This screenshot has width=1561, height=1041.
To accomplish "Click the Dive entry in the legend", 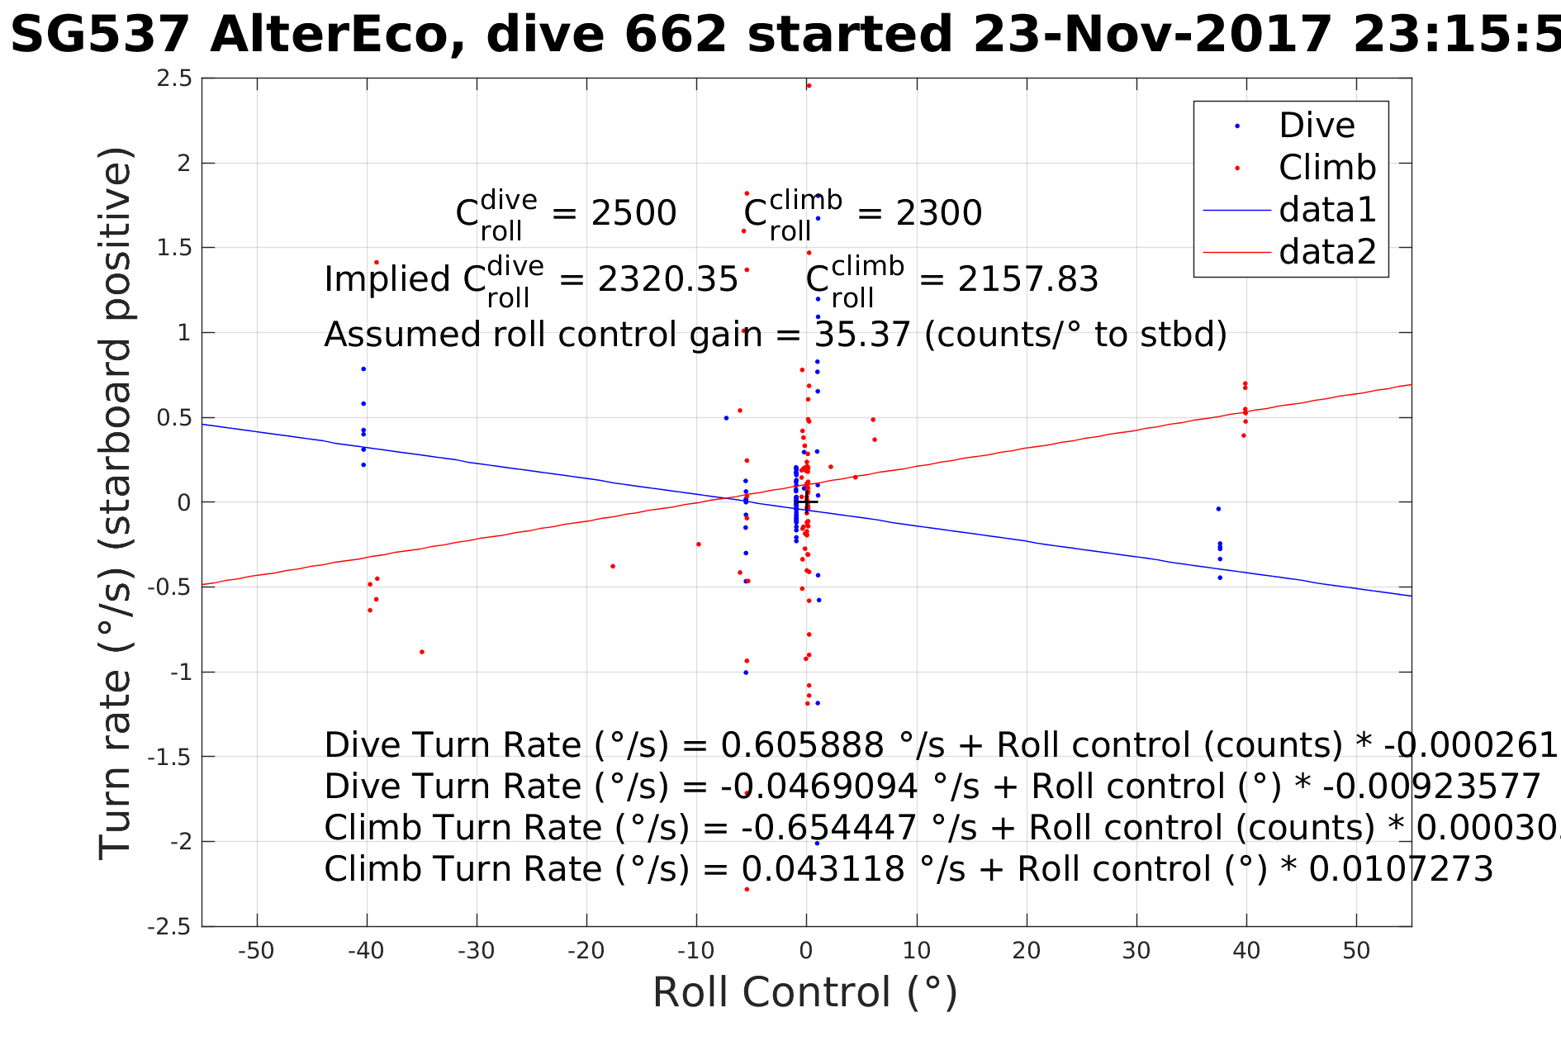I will click(1316, 126).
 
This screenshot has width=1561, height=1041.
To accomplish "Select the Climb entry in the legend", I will click(1326, 168).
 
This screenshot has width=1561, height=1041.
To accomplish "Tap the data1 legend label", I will click(1327, 210).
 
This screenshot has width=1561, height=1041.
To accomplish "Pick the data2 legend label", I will click(1327, 251).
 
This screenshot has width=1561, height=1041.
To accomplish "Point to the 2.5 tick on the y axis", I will click(175, 78).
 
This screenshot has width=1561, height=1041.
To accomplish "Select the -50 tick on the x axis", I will click(256, 951).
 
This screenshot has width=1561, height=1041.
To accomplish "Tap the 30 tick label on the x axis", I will click(1136, 951).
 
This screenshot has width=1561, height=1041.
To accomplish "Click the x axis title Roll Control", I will click(804, 992).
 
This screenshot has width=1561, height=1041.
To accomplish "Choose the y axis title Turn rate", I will click(116, 504).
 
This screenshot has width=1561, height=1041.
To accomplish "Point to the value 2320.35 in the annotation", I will click(667, 280).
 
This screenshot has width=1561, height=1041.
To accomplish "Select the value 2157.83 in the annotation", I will click(1027, 280).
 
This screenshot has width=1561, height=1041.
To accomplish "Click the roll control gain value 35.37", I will click(862, 335).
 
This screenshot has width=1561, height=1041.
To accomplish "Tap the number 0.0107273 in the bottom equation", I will click(1401, 869).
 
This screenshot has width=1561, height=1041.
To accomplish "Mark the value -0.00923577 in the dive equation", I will click(1431, 787).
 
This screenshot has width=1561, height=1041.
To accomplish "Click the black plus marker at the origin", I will click(808, 501).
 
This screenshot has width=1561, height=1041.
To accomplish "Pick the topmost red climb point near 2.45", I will click(809, 86).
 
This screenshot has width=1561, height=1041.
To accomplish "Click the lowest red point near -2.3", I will click(747, 889).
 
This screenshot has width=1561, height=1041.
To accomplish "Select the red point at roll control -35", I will click(422, 652).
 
